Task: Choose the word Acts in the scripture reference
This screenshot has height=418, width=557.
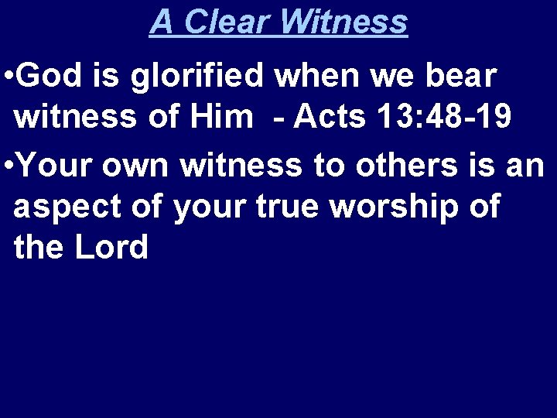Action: (330, 119)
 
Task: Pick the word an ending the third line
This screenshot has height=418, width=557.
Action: (528, 164)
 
